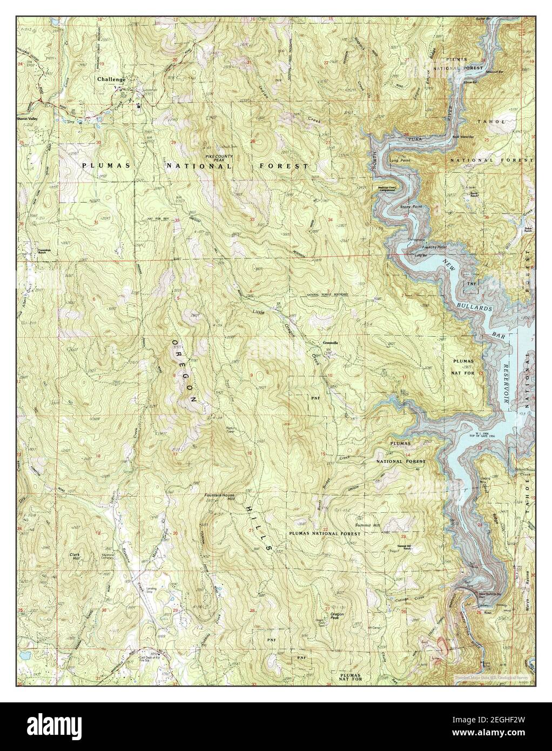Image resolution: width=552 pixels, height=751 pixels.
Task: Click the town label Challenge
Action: tap(111, 79)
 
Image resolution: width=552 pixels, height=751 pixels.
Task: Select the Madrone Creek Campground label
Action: tap(387, 189)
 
